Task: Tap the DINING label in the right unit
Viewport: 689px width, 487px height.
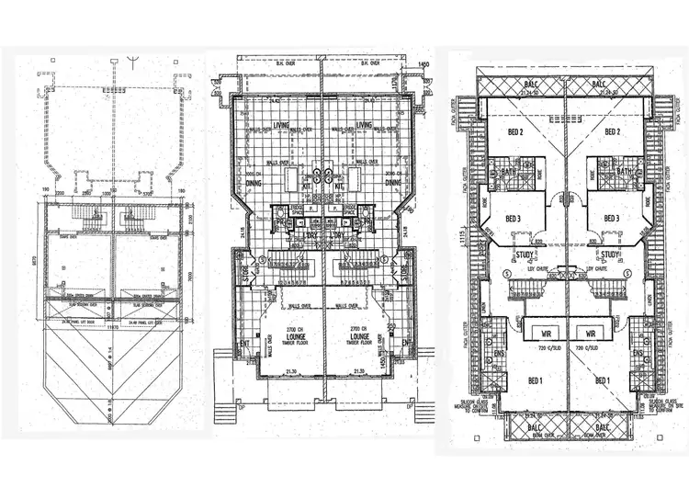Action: pyautogui.click(x=392, y=182)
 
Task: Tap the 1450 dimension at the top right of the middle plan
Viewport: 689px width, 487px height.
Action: pyautogui.click(x=424, y=63)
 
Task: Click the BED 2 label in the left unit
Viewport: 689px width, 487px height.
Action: pyautogui.click(x=514, y=132)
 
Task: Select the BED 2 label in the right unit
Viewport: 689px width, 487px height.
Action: pyautogui.click(x=613, y=132)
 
